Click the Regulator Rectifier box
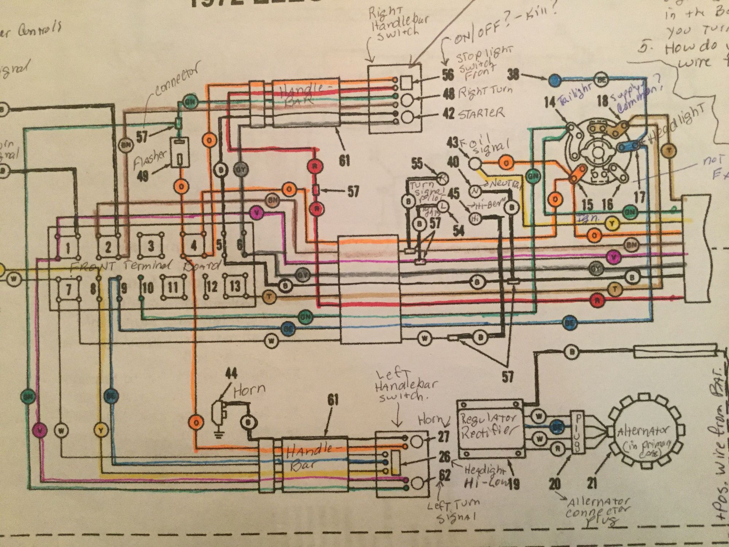[x=490, y=428]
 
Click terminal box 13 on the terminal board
[x=235, y=286]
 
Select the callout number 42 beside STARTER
[x=448, y=113]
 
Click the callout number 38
[x=514, y=75]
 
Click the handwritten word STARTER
[x=482, y=114]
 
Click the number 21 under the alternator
[x=592, y=483]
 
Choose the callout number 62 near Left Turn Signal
[x=445, y=475]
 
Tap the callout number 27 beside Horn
[x=445, y=437]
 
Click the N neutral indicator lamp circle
[x=475, y=190]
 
